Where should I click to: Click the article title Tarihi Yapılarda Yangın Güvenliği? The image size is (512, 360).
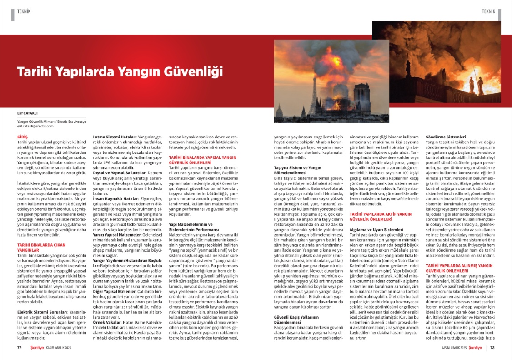(x=120, y=72)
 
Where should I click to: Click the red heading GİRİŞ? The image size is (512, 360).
(x=22, y=137)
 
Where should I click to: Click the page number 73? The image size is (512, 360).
(x=492, y=348)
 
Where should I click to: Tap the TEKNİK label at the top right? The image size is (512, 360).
(x=488, y=10)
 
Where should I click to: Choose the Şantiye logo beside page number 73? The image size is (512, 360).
(x=476, y=348)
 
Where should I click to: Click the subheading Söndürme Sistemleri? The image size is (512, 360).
(x=445, y=137)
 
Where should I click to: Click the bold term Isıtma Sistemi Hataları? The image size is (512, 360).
(x=112, y=137)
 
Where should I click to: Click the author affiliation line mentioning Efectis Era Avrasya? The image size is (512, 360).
(x=49, y=122)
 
